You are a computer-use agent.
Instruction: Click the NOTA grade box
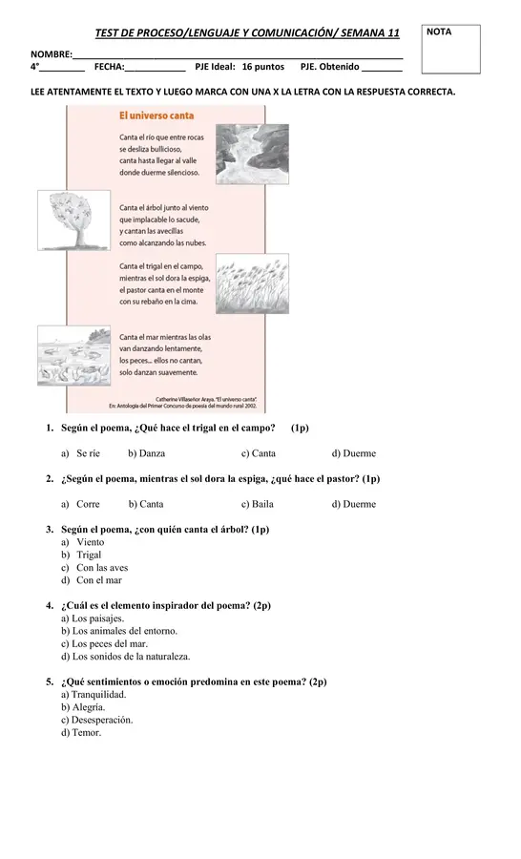tap(450, 50)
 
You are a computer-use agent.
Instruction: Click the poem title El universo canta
tap(156, 115)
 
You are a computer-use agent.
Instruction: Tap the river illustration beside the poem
tap(252, 154)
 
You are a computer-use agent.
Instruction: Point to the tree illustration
tap(74, 220)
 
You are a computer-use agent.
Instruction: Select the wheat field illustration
tap(252, 283)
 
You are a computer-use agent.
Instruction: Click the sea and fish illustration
tap(74, 356)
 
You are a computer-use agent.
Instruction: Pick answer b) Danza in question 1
tap(146, 453)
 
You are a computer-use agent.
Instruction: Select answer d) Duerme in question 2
tap(354, 504)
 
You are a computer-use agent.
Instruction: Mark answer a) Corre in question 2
tap(80, 504)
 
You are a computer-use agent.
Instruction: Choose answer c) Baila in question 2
tap(257, 504)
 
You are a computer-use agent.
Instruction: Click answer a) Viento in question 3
tap(83, 542)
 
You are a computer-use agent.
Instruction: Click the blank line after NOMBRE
tap(238, 57)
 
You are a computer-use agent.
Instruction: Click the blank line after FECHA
tap(156, 70)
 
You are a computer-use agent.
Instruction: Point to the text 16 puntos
tap(263, 67)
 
